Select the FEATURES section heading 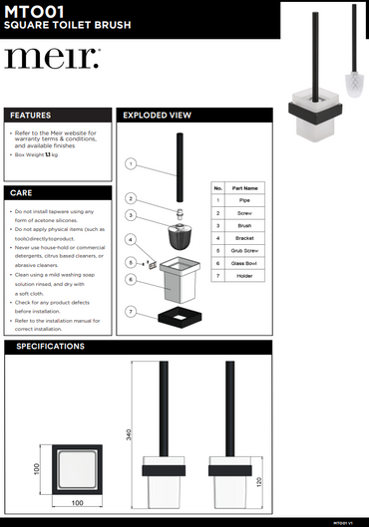tap(31, 116)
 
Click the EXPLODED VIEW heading tap(157, 116)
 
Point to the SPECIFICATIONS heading tap(47, 347)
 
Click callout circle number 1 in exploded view tap(131, 163)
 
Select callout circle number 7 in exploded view tap(131, 312)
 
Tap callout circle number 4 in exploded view tap(131, 239)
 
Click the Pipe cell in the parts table tap(244, 200)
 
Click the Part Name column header tap(244, 187)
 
